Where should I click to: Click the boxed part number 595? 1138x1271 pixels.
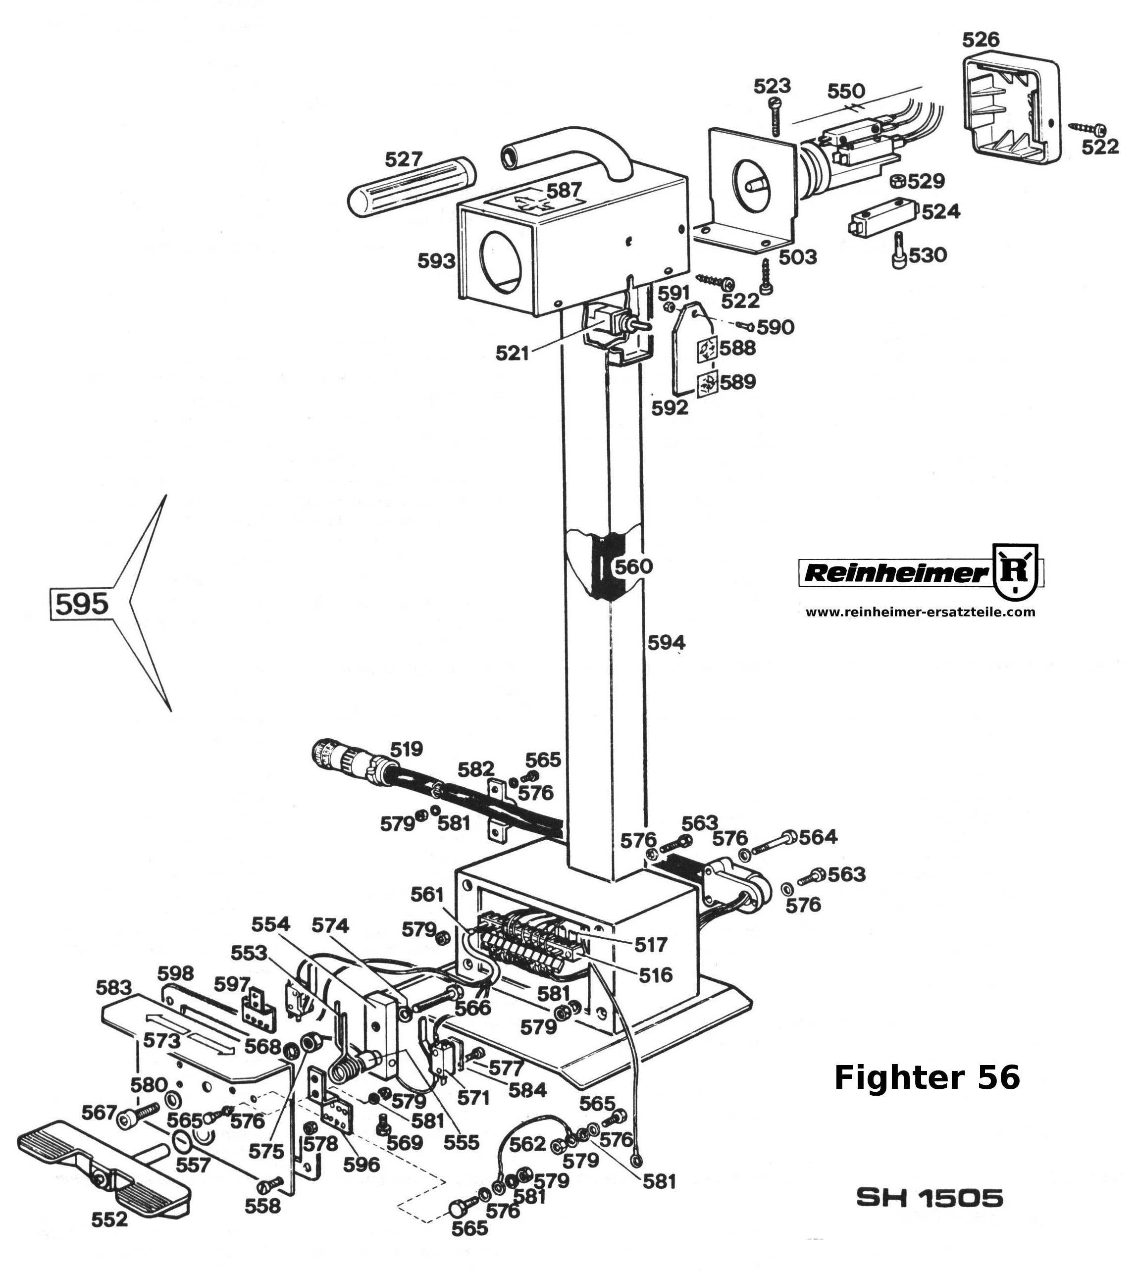coord(82,603)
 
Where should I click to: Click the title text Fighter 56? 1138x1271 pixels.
coord(927,1077)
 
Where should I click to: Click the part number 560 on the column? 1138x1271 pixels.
coord(633,566)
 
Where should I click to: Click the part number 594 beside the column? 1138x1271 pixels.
coord(666,642)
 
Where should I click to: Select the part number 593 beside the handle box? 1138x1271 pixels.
coord(436,261)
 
